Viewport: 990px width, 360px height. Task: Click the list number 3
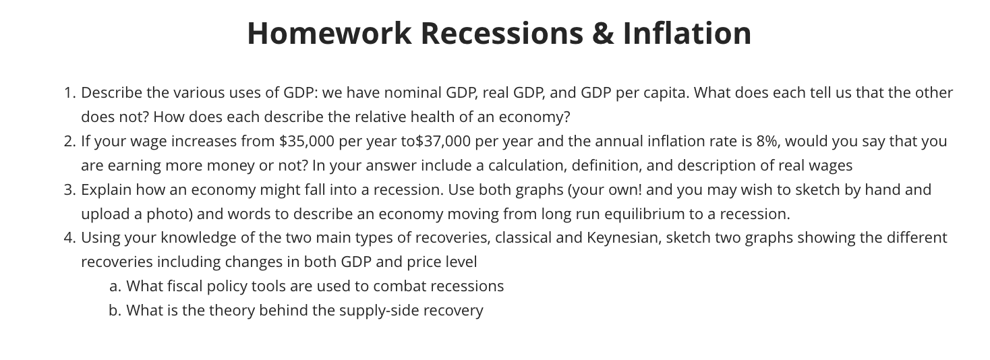point(69,190)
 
